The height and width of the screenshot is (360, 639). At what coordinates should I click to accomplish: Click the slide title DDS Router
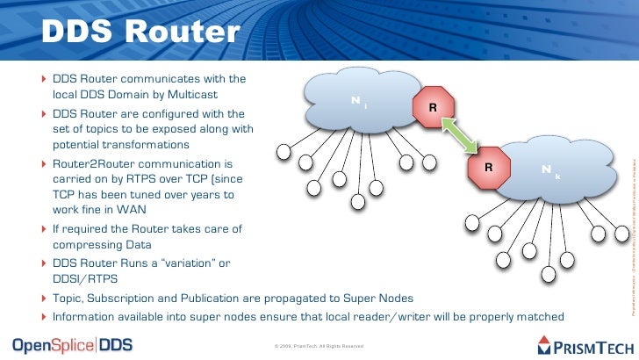point(139,32)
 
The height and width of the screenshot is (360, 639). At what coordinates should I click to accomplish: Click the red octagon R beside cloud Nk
point(489,166)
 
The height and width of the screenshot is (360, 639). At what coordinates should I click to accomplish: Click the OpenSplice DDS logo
point(73,343)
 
